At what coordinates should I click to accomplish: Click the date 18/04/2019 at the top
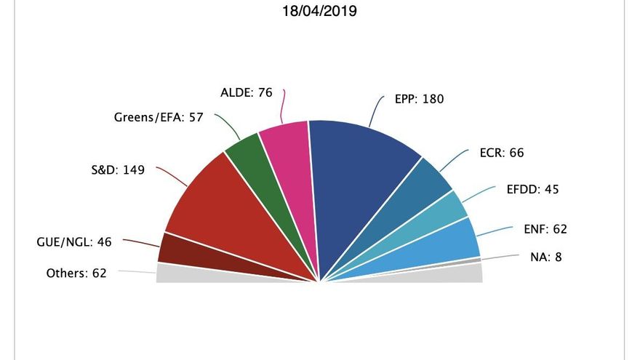320,12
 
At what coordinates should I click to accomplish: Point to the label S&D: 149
113,171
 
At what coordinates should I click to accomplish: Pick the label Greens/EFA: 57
158,117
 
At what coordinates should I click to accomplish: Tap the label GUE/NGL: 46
73,242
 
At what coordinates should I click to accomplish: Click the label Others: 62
76,273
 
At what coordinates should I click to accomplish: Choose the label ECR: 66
502,153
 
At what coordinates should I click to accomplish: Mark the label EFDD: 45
532,190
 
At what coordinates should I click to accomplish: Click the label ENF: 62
540,229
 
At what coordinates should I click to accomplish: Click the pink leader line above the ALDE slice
284,105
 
